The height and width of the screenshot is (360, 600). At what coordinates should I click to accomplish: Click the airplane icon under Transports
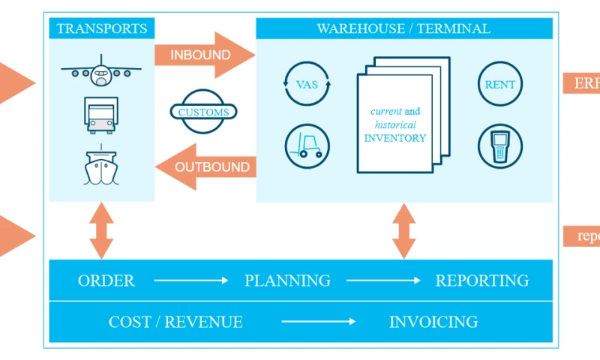click(x=101, y=73)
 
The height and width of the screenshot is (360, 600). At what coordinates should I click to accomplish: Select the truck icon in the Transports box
click(x=101, y=115)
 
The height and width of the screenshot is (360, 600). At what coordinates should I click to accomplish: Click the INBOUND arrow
click(x=201, y=55)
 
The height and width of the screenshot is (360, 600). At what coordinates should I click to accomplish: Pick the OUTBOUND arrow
click(x=205, y=166)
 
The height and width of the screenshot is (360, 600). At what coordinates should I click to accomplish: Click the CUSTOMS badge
click(x=204, y=112)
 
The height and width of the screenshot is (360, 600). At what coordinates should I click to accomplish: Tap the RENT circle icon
click(x=500, y=85)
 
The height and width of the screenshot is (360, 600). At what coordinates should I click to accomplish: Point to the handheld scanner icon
click(x=500, y=145)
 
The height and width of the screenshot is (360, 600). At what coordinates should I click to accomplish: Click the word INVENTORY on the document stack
click(x=395, y=138)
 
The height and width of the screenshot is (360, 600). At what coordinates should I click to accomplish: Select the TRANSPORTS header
click(x=102, y=29)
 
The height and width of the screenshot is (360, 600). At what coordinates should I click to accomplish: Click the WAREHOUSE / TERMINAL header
click(x=403, y=29)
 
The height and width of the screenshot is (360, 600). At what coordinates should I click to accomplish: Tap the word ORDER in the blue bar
click(x=106, y=280)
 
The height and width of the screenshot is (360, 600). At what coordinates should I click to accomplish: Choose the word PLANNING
click(x=287, y=280)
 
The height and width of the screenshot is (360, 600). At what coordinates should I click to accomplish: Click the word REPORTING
click(x=482, y=280)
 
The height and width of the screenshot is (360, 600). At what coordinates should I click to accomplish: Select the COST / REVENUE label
click(x=175, y=322)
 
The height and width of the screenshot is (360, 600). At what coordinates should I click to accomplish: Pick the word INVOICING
click(x=433, y=322)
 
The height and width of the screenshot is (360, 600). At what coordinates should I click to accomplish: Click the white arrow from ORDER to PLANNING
click(x=190, y=280)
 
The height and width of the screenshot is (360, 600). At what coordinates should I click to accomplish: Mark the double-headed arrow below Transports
click(x=101, y=230)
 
